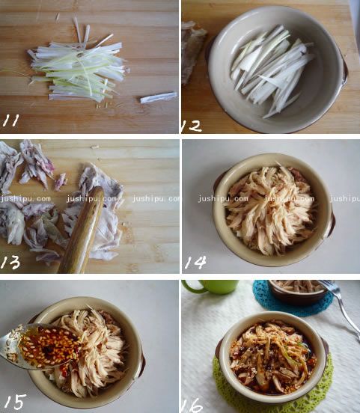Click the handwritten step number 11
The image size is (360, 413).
[10, 120]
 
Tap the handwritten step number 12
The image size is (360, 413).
[192, 126]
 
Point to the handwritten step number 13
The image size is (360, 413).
[10, 263]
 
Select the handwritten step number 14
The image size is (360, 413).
[195, 262]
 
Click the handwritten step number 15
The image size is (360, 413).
[15, 402]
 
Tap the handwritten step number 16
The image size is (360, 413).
[192, 405]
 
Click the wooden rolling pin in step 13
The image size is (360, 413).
[81, 230]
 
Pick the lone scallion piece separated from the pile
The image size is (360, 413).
[159, 97]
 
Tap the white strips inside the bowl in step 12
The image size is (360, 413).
[272, 71]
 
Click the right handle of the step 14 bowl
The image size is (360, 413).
[331, 221]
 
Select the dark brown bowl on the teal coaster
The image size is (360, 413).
[298, 292]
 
